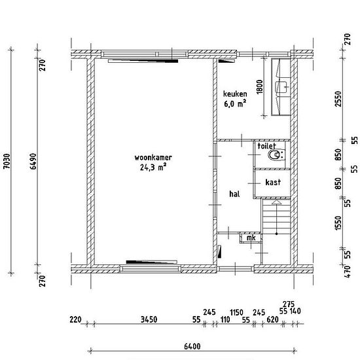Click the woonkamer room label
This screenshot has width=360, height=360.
153,158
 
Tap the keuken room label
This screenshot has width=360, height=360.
235,94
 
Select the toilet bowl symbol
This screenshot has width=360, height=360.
276,156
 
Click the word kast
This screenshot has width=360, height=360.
273,182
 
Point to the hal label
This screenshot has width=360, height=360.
234,194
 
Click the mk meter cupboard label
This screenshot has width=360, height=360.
251,238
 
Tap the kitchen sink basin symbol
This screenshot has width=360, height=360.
281,87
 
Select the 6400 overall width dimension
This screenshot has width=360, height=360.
192,346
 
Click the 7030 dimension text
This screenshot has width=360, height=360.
7,161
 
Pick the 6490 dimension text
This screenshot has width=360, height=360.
33,161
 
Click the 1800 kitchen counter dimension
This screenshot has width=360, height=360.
259,86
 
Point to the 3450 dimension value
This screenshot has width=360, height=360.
149,319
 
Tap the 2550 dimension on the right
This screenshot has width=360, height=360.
338,99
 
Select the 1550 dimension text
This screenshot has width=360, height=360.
338,223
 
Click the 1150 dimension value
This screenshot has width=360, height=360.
236,312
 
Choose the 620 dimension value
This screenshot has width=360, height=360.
272,319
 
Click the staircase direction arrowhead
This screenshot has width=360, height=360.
276,202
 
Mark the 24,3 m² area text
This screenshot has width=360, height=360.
153,167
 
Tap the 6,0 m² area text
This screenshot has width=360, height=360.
235,103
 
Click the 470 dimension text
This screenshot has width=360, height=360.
348,272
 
